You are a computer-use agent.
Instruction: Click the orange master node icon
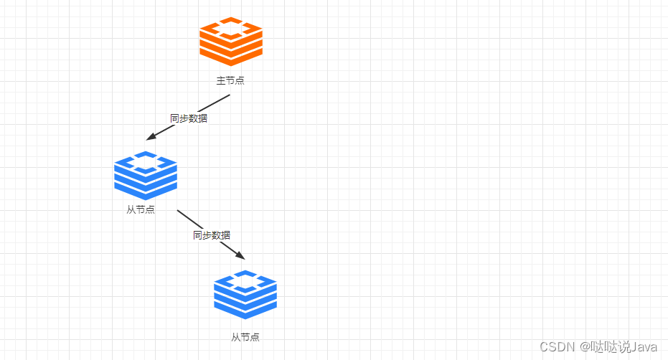231,42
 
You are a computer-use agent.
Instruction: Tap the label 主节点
230,80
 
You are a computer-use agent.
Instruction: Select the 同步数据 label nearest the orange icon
189,118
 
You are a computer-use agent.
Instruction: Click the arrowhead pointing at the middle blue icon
151,136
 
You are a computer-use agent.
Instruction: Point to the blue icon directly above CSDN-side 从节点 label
245,295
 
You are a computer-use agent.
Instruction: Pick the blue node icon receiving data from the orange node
146,176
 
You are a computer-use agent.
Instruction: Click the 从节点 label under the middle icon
141,209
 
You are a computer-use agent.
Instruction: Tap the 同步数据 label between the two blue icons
212,235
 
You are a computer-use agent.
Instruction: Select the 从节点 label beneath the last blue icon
245,337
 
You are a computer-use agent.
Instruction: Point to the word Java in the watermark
644,347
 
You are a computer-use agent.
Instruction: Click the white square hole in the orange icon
231,29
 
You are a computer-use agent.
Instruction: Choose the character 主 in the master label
221,80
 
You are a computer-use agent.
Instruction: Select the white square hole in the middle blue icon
146,162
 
